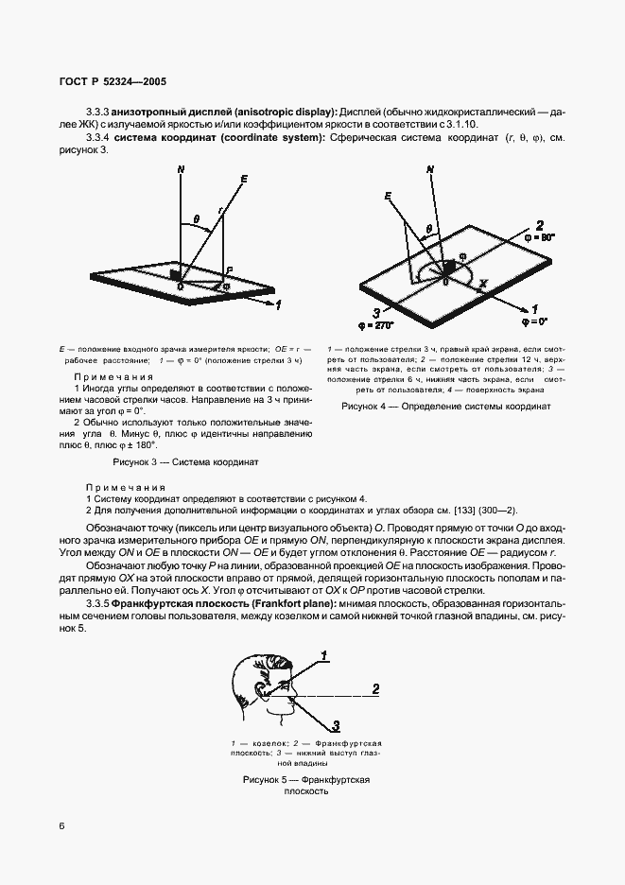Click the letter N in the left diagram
[x=180, y=170]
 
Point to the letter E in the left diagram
[x=244, y=179]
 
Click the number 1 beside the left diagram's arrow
[x=278, y=304]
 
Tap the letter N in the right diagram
[x=431, y=170]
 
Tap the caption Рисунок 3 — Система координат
[x=185, y=462]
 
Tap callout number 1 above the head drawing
[x=324, y=654]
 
